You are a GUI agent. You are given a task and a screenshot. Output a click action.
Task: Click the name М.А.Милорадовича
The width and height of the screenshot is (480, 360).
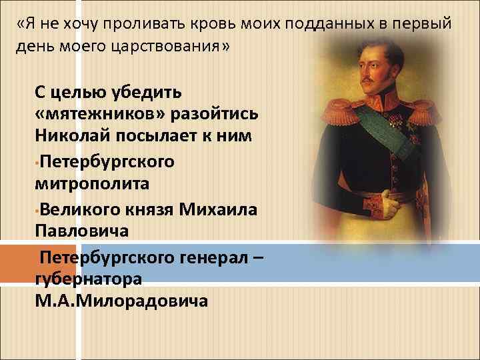121,299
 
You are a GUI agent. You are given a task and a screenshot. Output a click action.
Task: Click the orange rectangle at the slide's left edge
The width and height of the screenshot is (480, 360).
15,263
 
